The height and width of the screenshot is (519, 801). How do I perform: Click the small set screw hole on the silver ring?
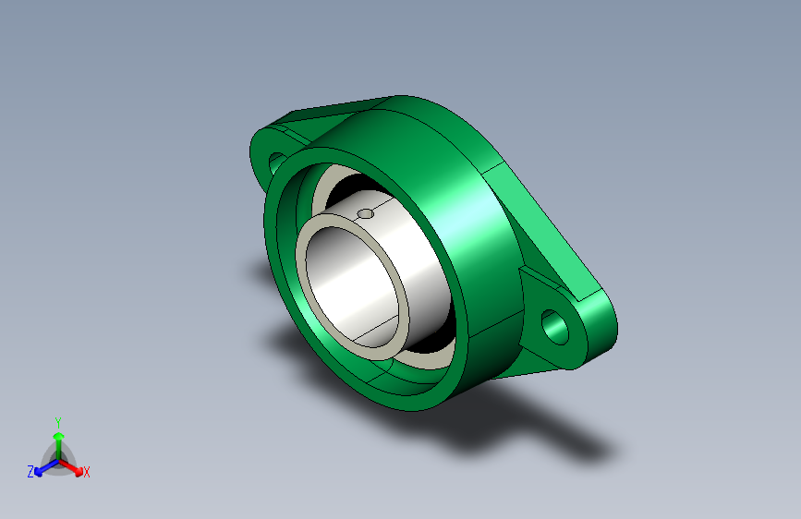[365, 213]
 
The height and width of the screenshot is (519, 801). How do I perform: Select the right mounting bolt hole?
[554, 327]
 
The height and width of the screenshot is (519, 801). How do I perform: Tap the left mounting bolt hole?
[276, 162]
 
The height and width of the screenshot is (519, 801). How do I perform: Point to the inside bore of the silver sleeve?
[353, 286]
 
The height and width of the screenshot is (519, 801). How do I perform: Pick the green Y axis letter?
[58, 423]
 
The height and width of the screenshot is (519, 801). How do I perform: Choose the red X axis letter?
[86, 473]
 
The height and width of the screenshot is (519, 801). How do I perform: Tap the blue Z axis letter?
[30, 472]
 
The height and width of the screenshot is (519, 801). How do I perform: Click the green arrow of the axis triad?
[59, 443]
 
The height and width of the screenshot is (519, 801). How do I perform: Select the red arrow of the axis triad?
[71, 467]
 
